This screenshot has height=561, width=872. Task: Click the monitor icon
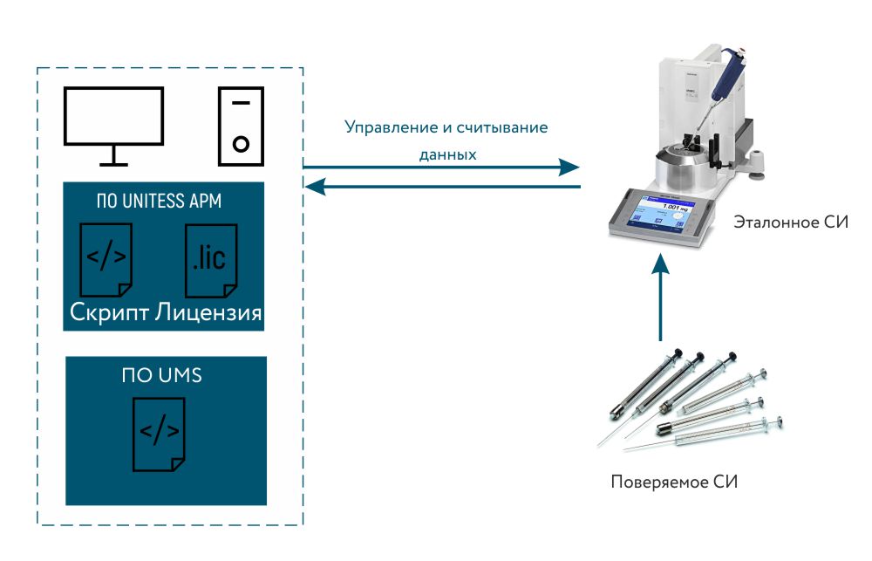[x=112, y=122]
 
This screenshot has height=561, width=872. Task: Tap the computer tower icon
[x=240, y=126]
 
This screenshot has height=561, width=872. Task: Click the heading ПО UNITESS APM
[x=159, y=202]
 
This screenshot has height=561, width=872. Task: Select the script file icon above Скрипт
[x=106, y=259]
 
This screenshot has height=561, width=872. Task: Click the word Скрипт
[x=110, y=313]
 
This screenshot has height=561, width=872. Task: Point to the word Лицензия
[x=209, y=313]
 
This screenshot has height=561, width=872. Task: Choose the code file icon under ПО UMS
[x=159, y=431]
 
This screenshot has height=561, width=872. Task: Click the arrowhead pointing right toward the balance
[x=570, y=167]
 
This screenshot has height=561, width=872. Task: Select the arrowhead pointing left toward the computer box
[x=313, y=186]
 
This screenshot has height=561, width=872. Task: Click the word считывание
[x=507, y=127]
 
